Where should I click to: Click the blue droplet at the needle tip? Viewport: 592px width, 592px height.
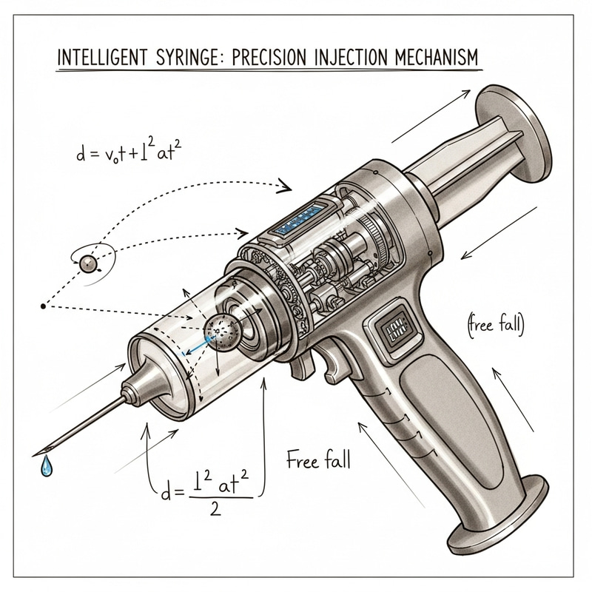[47, 466]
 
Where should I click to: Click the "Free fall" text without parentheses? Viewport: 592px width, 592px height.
[317, 460]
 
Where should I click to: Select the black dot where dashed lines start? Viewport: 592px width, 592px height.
[44, 305]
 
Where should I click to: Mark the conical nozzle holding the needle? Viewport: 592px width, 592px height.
[144, 380]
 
